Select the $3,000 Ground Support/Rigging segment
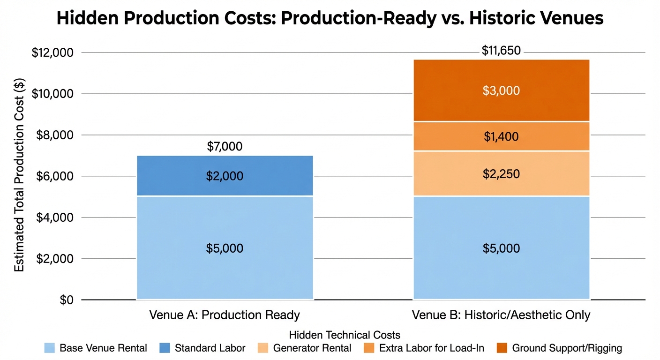coord(501,90)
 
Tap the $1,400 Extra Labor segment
coord(501,136)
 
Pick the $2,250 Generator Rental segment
coord(501,173)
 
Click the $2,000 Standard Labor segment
coord(225,176)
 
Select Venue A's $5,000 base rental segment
coord(225,247)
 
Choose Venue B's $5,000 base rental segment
coord(501,247)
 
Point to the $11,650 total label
coord(501,50)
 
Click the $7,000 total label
coord(225,146)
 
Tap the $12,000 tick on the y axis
coord(52,52)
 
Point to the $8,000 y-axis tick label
coord(55,135)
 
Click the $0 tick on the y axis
coord(67,300)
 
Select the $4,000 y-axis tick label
coord(55,217)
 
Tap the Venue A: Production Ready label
coord(225,315)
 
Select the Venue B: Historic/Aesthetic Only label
coord(501,315)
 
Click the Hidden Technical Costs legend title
coord(345,335)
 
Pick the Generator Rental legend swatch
coord(262,348)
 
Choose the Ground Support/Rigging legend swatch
coord(502,348)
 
